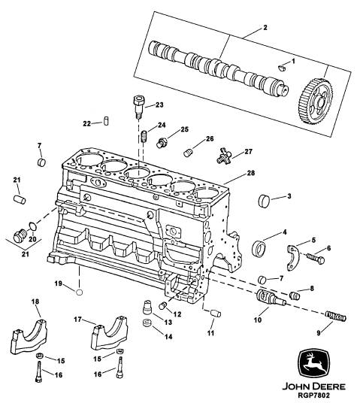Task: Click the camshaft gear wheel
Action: [316, 102]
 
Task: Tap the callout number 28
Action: [250, 173]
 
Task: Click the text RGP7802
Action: [313, 395]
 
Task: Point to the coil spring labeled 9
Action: [336, 316]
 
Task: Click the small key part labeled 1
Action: [282, 68]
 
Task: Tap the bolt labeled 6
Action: [316, 258]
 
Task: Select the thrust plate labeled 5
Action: [293, 258]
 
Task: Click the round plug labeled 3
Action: [264, 200]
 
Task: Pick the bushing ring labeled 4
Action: [259, 248]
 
